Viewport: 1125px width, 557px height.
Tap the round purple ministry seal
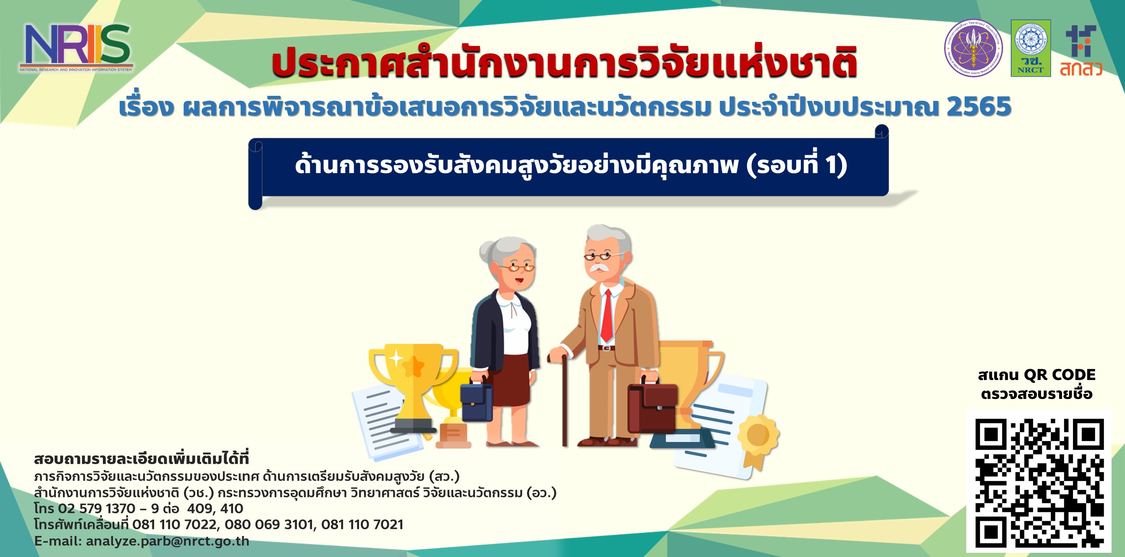pos(973,48)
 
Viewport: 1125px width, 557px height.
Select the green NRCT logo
pos(1031,48)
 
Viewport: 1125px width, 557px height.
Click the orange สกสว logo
pos(1080,51)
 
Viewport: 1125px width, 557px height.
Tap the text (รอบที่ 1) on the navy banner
pos(797,166)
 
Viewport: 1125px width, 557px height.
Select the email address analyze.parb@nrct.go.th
pos(167,541)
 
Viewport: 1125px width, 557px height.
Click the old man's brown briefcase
pos(653,407)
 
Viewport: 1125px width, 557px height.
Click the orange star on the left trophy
pos(412,367)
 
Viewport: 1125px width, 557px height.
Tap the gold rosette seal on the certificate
pos(758,436)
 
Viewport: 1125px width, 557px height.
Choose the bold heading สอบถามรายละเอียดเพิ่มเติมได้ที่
pos(142,459)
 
